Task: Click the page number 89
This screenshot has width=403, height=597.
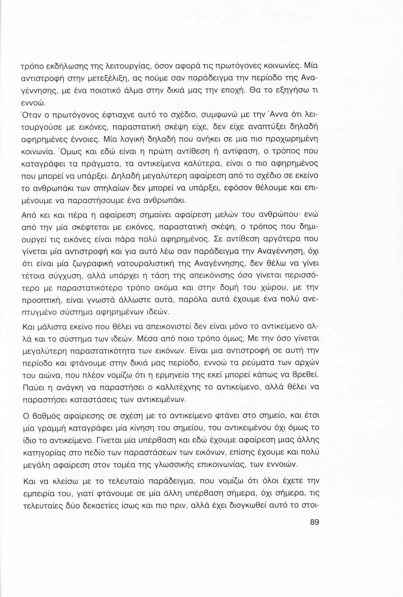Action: click(314, 522)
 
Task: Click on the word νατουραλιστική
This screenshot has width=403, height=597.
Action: click(154, 265)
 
